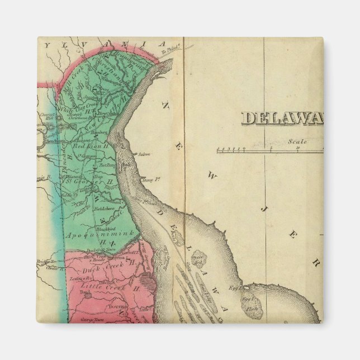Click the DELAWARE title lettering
[282, 118]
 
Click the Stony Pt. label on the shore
[148, 179]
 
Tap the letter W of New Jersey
[212, 177]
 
